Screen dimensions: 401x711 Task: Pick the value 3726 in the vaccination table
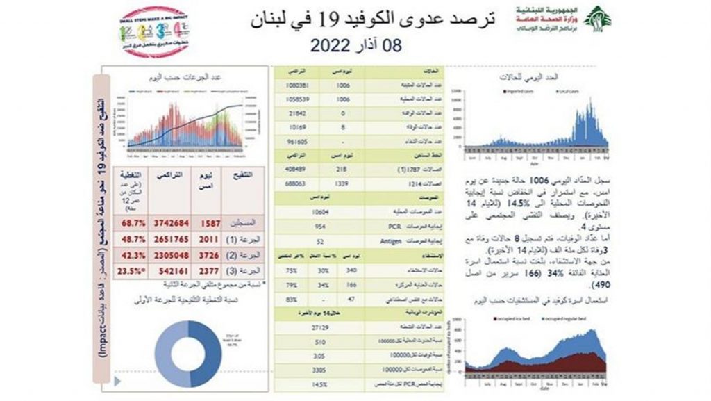(x=208, y=254)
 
